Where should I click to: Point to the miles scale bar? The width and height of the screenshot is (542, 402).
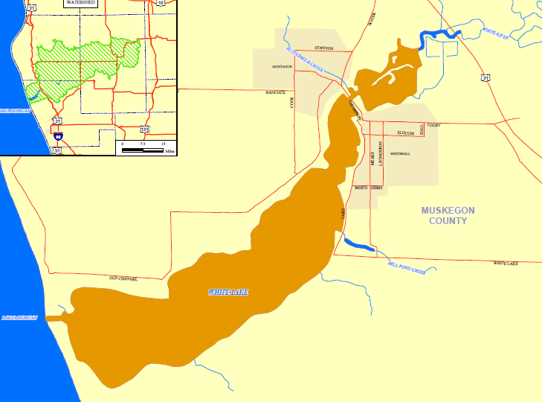tap(143, 149)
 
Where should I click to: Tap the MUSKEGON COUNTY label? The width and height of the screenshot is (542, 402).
tap(448, 215)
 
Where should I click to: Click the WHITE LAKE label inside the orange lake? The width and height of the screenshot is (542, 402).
tap(228, 293)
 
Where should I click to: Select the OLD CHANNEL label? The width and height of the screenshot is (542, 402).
tap(123, 278)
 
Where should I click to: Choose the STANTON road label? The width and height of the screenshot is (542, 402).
tap(323, 48)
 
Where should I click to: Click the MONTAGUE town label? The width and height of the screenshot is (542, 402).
tap(282, 67)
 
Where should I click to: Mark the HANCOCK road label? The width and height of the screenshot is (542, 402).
tap(275, 92)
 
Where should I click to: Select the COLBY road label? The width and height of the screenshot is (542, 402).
tap(434, 125)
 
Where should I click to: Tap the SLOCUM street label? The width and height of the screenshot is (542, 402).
tap(405, 133)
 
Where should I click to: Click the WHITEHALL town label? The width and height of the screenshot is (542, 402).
tap(400, 154)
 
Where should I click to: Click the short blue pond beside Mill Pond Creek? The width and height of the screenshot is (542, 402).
tap(359, 244)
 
